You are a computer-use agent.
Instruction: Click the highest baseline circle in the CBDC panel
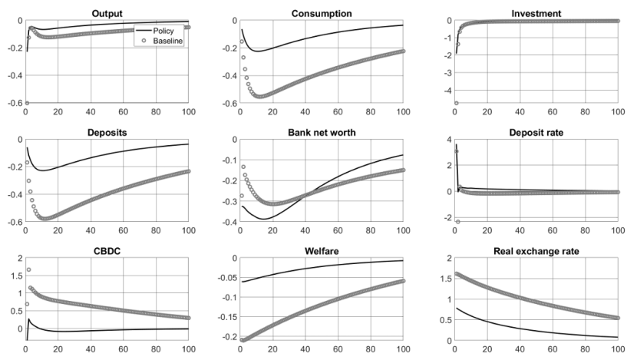[28, 269]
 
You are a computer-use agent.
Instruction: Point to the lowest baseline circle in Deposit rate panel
[457, 222]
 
